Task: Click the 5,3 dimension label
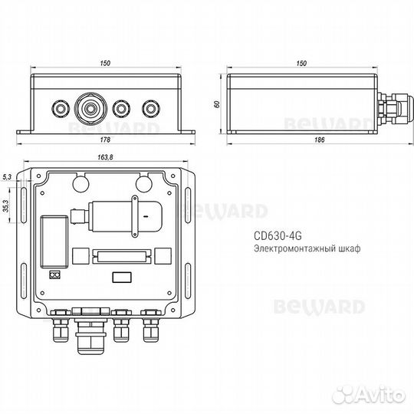(7, 177)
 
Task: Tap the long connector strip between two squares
(119, 255)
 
